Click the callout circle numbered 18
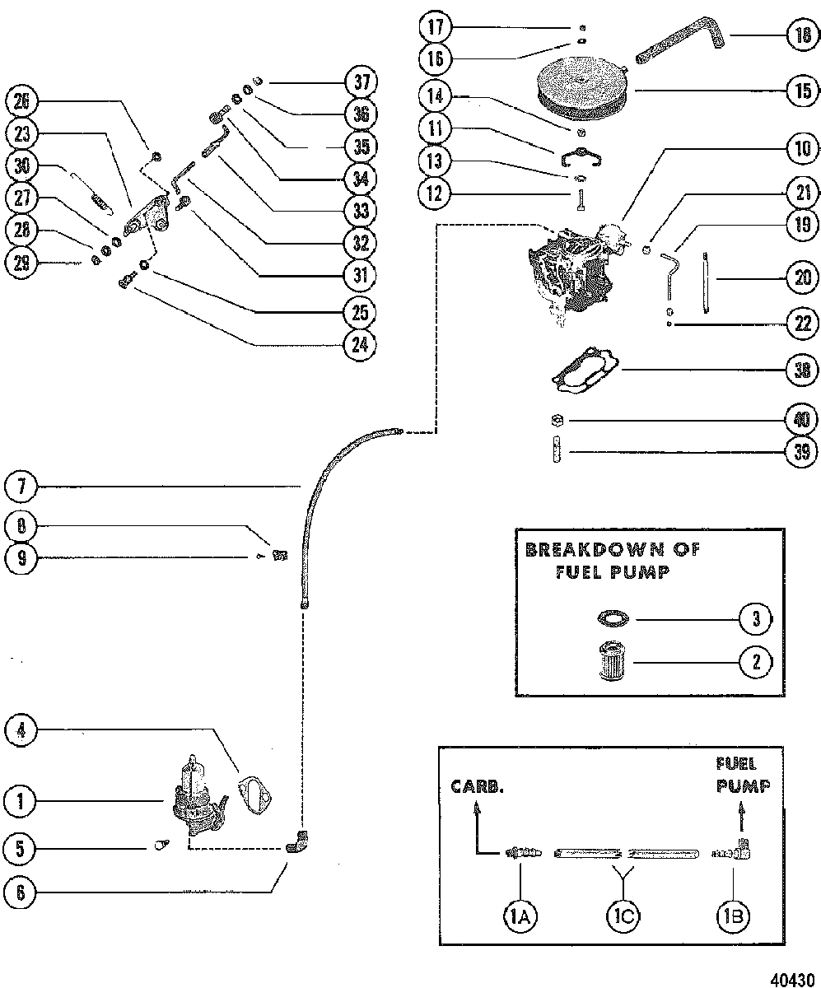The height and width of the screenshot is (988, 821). click(x=803, y=35)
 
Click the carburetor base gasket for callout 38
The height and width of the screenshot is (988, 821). click(x=585, y=370)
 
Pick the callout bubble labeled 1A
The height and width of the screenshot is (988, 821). click(x=520, y=916)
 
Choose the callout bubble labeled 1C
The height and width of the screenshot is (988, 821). click(x=623, y=916)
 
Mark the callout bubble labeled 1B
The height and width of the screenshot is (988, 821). click(x=733, y=916)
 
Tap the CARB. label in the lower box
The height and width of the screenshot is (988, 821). click(x=478, y=786)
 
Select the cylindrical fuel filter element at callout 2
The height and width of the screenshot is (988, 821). click(x=613, y=660)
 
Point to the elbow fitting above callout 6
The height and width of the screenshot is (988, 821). click(x=297, y=842)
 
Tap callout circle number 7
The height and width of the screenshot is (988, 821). click(x=21, y=487)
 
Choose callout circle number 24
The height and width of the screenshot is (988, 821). click(x=360, y=344)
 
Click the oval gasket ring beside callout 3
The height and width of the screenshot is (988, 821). click(x=613, y=618)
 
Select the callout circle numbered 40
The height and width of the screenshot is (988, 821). click(x=801, y=419)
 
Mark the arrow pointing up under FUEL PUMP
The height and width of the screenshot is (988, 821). click(x=741, y=816)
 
